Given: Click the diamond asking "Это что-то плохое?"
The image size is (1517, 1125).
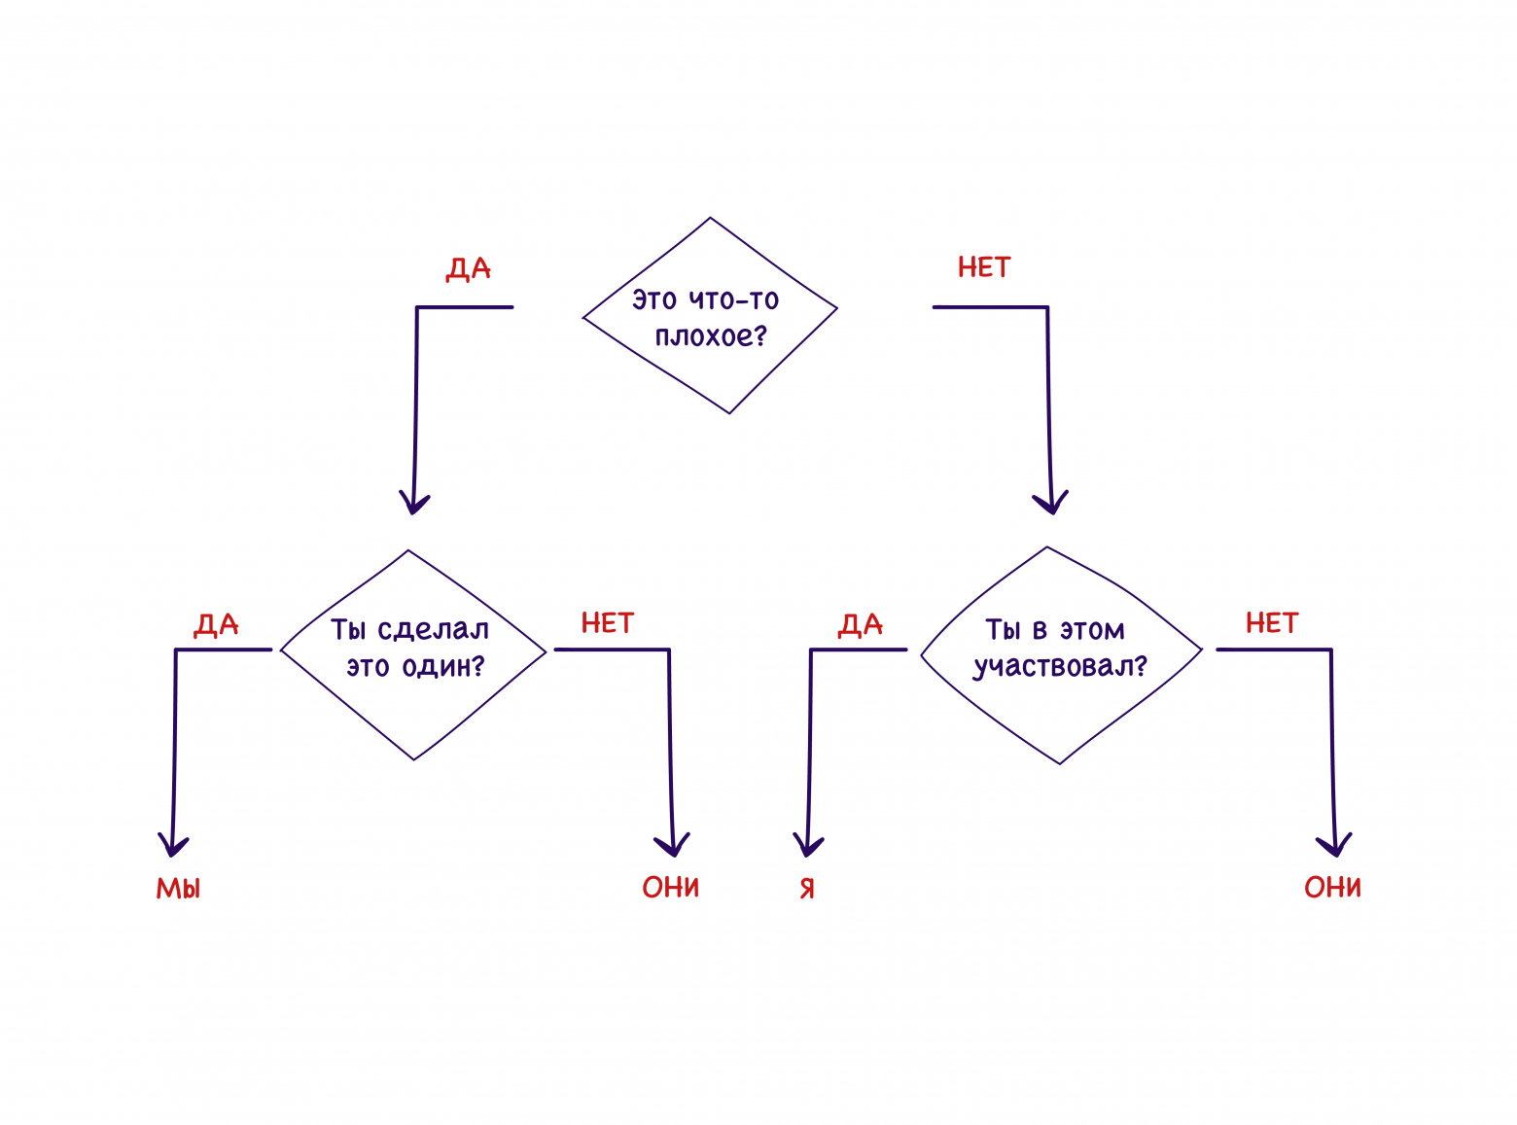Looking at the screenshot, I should (x=710, y=316).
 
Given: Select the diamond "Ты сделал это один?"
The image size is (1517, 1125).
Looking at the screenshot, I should (x=413, y=653).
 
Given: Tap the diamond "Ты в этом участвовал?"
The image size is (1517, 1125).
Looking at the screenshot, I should (x=1060, y=653).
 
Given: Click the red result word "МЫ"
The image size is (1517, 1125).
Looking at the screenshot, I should (x=179, y=888).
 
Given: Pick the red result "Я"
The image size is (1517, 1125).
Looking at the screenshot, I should (x=807, y=888).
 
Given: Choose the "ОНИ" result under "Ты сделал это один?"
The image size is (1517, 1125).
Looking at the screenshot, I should (x=671, y=887).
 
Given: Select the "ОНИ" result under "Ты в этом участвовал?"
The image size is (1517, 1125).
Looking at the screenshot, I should (x=1332, y=887).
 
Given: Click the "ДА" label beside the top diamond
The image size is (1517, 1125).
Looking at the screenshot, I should (x=469, y=268).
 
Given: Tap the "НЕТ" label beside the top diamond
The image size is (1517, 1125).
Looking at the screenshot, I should (x=984, y=267).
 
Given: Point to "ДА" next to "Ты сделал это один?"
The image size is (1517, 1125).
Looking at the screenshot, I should (x=216, y=624).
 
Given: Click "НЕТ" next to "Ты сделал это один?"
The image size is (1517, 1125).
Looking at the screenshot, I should (x=608, y=623).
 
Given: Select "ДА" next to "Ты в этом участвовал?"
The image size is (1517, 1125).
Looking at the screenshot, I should (x=861, y=624).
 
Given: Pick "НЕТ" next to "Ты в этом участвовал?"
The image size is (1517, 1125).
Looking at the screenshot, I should (x=1272, y=623).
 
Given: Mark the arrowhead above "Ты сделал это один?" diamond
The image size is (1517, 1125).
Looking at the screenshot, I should (x=414, y=502).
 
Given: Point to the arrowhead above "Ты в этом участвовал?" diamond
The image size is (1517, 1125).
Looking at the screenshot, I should (x=1050, y=502).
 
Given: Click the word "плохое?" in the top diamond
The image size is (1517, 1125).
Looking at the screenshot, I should (x=711, y=336).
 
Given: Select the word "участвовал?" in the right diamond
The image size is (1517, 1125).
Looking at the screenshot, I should (x=1061, y=667).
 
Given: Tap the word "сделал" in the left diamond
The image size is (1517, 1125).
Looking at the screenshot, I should (x=433, y=630).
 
